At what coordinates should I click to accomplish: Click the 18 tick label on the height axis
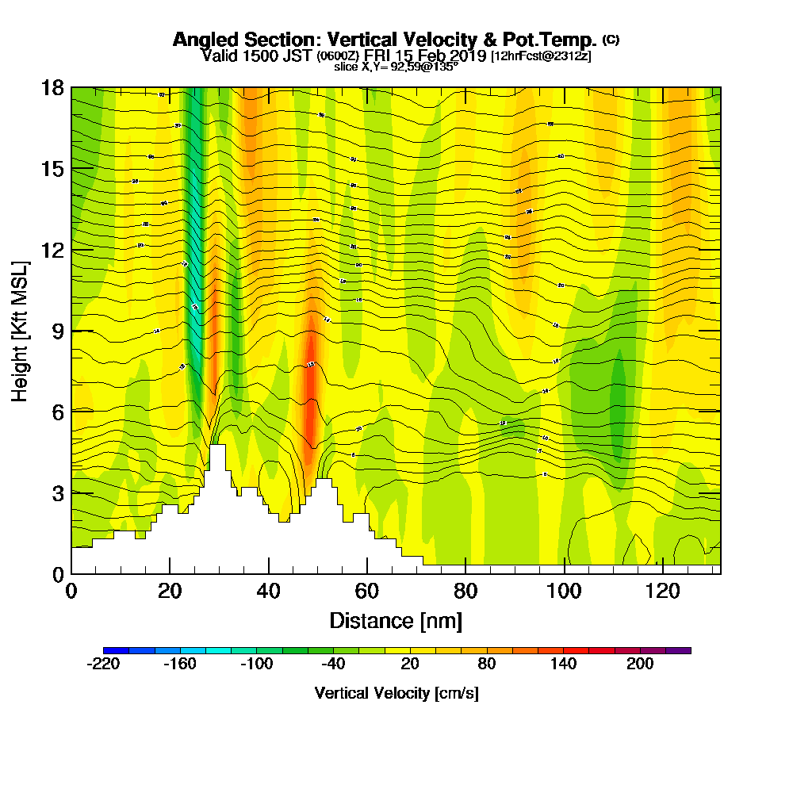tap(53, 88)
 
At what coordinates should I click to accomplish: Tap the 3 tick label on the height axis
tap(56, 492)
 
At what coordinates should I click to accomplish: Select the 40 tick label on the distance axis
tap(269, 591)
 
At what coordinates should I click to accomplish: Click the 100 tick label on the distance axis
tap(564, 591)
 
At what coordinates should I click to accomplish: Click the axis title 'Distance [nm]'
tap(396, 620)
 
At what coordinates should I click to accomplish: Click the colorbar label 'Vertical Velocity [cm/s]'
tap(396, 693)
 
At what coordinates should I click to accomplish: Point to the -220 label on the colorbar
tap(102, 665)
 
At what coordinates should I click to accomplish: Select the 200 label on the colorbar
tap(640, 665)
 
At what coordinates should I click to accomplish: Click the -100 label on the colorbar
tap(256, 665)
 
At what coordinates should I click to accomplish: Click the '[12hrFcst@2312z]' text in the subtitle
tap(541, 56)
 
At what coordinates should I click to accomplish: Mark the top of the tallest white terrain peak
tap(217, 446)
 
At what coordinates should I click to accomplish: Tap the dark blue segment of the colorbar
tap(116, 650)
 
